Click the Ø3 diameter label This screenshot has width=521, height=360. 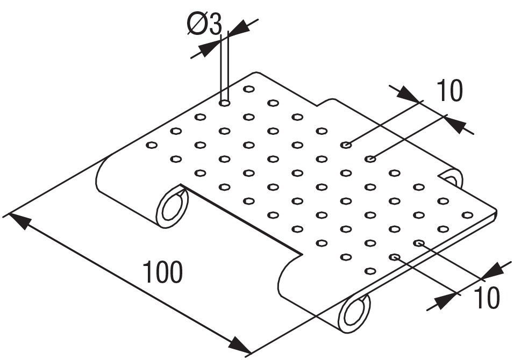click(x=204, y=24)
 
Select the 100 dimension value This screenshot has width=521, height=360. click(x=162, y=272)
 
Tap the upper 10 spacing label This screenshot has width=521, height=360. click(x=449, y=91)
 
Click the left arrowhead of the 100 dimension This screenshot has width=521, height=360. click(x=18, y=220)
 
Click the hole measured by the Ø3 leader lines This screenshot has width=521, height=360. click(x=225, y=102)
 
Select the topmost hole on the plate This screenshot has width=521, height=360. click(x=248, y=89)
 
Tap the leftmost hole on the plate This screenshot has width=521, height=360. click(x=152, y=145)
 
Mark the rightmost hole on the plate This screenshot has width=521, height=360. click(x=467, y=215)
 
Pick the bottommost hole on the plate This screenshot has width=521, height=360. click(x=370, y=270)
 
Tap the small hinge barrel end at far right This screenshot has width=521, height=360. click(x=451, y=177)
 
